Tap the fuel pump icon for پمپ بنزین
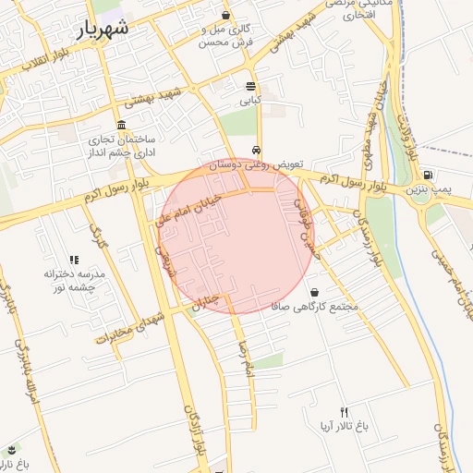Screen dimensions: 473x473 [x=428, y=175]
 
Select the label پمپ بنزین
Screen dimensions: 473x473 [x=431, y=188]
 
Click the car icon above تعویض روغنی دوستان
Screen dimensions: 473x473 [x=256, y=151]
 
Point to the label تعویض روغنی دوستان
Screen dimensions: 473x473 [x=256, y=164]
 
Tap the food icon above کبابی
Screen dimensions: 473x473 [x=251, y=86]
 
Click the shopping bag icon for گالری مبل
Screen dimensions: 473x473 [x=226, y=16]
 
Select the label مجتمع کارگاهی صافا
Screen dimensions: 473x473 [x=314, y=306]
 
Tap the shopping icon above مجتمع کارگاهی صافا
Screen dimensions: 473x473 [x=314, y=292]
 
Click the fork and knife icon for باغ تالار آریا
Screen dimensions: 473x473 [x=344, y=412]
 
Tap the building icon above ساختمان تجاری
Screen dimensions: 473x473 [x=122, y=126]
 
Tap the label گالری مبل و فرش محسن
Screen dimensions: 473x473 [x=227, y=36]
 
